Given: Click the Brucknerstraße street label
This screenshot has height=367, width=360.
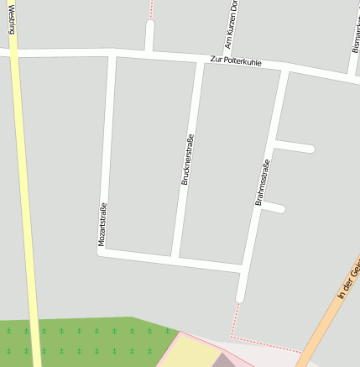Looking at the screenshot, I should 188,160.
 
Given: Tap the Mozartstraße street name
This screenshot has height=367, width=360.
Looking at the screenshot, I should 102,225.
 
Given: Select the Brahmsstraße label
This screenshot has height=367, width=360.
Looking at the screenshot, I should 262,183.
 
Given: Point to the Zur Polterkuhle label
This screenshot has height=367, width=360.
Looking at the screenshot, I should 236,61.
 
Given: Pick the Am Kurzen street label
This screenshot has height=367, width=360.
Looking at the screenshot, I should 231,24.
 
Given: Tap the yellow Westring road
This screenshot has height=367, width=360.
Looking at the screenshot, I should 26,210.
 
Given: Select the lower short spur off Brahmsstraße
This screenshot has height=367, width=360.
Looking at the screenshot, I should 274,207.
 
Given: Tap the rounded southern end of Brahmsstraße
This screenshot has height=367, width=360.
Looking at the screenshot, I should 240,296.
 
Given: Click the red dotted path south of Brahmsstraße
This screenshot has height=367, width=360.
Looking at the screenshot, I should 233,323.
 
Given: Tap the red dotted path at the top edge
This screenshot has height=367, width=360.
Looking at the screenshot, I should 151,8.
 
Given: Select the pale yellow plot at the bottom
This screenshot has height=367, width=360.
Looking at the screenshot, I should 189,353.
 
